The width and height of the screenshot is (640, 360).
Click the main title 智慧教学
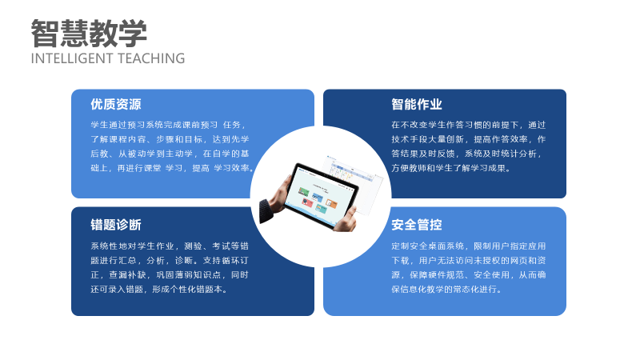point(89,34)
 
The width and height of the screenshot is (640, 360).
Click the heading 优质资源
point(116,105)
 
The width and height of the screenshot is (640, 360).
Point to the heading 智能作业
point(417,105)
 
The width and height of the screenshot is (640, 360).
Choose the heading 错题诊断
point(116,225)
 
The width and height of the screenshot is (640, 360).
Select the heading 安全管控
point(417,225)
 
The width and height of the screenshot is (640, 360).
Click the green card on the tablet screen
point(303,191)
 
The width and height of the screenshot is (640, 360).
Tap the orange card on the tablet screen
point(331,203)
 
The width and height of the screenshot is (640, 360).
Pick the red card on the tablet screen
point(307,202)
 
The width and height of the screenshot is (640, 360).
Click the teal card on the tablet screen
point(322,209)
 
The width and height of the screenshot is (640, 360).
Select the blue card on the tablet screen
point(318,198)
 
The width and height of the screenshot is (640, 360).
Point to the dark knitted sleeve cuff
point(266,210)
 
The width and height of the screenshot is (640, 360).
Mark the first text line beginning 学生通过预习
point(168,125)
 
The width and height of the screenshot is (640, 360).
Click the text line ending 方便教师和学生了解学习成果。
point(451,168)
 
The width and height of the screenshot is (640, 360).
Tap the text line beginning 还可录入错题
point(159,290)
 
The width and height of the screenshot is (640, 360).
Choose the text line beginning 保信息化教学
point(446,290)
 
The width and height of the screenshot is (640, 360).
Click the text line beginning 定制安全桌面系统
point(469,246)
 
